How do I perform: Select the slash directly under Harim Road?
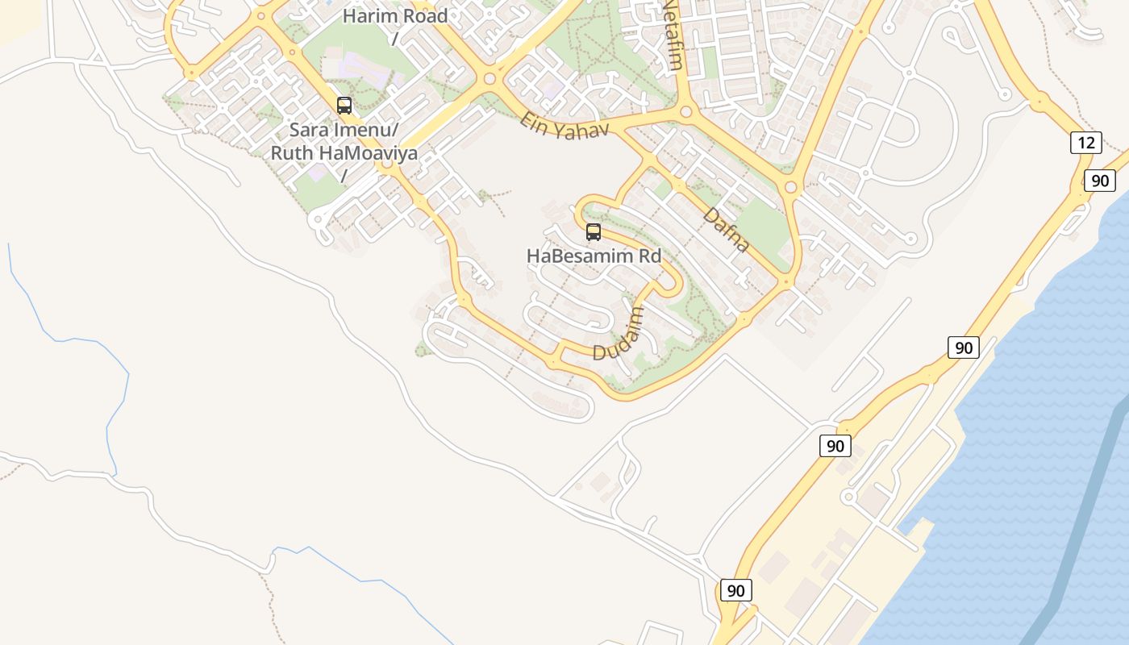(395, 38)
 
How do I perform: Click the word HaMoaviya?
(366, 152)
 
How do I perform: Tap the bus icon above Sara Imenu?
(344, 106)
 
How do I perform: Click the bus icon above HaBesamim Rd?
(594, 232)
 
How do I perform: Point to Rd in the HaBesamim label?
(648, 256)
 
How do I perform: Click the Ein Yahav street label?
(564, 126)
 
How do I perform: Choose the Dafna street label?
(726, 230)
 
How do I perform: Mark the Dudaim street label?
(619, 334)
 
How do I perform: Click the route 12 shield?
(1086, 144)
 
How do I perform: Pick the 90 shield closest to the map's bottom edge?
(735, 590)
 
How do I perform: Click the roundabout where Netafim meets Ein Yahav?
(686, 111)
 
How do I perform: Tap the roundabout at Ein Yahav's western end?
(490, 79)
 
